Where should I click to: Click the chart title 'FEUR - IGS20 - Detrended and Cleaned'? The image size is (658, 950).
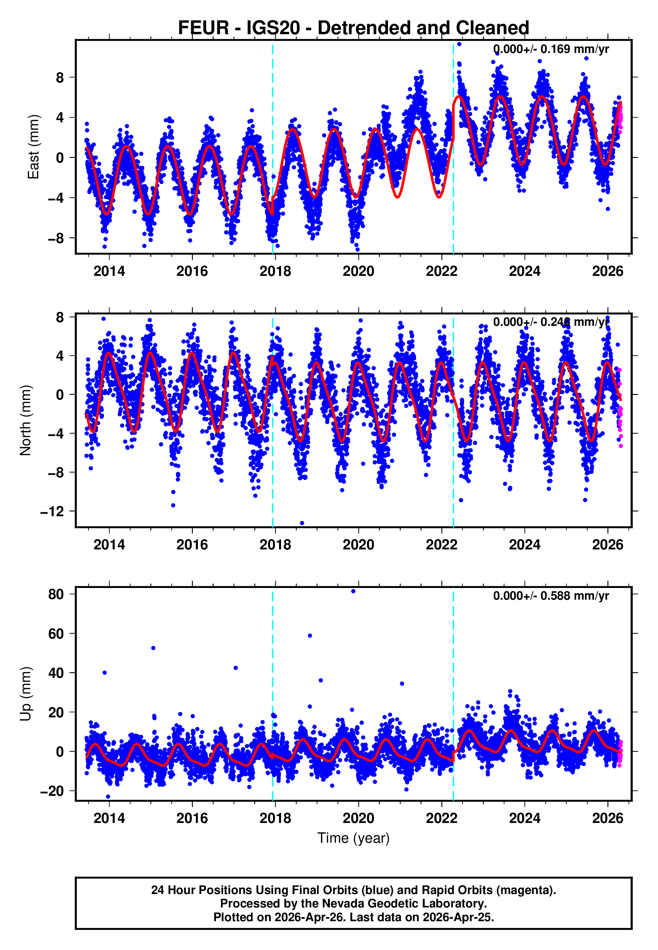coord(353,28)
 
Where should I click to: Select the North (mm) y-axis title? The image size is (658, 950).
coord(25,420)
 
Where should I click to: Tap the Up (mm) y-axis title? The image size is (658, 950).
coord(25,694)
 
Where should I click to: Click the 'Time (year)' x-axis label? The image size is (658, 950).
coord(353,838)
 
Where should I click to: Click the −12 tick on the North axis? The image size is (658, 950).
coord(52,511)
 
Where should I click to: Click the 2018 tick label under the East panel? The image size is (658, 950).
coord(275,271)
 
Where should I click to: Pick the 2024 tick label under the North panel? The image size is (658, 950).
coord(525,545)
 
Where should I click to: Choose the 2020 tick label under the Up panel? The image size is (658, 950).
coord(358,818)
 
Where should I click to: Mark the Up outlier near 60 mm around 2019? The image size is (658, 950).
coord(310,636)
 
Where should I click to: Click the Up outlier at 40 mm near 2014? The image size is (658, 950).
coord(105,673)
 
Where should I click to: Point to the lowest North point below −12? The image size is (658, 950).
coord(302,523)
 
